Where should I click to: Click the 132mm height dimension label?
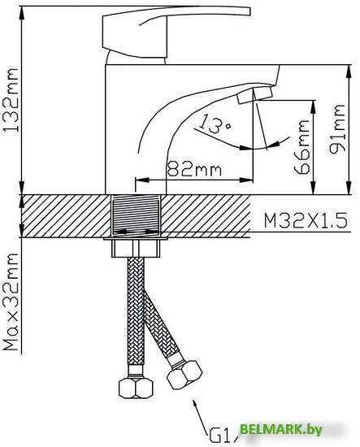(11, 100)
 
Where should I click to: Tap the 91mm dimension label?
(337, 129)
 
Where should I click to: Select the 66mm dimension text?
(301, 147)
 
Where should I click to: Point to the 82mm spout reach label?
(194, 169)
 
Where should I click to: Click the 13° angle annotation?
(215, 124)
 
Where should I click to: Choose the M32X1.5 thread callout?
(306, 220)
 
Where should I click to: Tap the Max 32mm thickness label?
(11, 302)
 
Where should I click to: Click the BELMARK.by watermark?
(280, 429)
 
